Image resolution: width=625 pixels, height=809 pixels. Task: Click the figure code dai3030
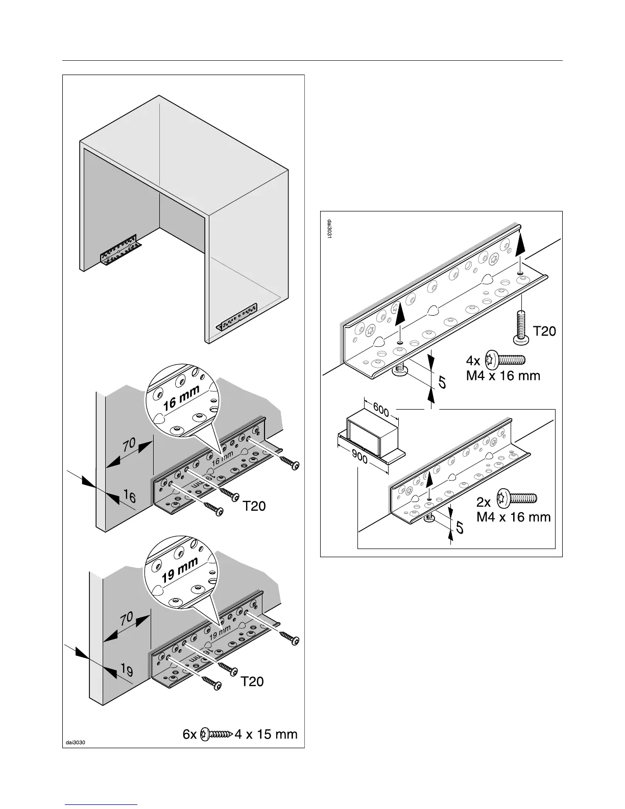coord(75,742)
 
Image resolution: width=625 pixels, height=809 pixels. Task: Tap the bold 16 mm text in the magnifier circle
coord(181,398)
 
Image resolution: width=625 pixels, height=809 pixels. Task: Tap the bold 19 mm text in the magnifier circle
coord(180,570)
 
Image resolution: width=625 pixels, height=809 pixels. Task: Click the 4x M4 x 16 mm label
coord(503,368)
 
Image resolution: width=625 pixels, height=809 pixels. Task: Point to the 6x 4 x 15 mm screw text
coord(240,734)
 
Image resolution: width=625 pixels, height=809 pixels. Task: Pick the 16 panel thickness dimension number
coord(130,495)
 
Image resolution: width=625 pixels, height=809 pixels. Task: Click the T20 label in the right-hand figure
coord(544,331)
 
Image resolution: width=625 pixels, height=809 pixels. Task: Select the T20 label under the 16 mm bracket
coord(254,507)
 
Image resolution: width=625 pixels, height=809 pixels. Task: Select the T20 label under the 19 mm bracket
coord(252,681)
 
